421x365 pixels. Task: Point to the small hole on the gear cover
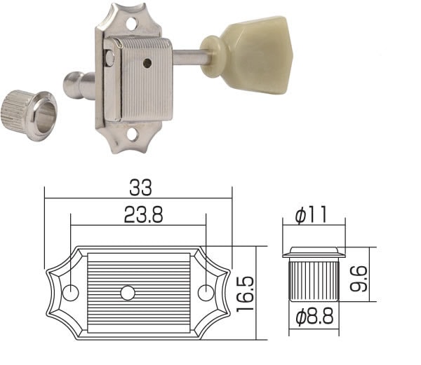pos(147,63)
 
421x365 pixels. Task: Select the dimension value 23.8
pos(138,216)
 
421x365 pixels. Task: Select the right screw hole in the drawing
pos(205,291)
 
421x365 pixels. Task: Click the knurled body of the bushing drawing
pos(313,280)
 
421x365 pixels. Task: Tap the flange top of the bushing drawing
pos(313,251)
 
